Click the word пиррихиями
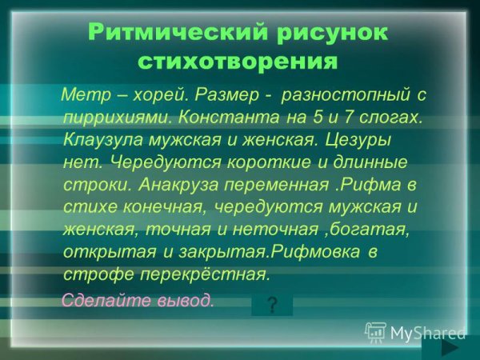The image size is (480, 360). (117, 117)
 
